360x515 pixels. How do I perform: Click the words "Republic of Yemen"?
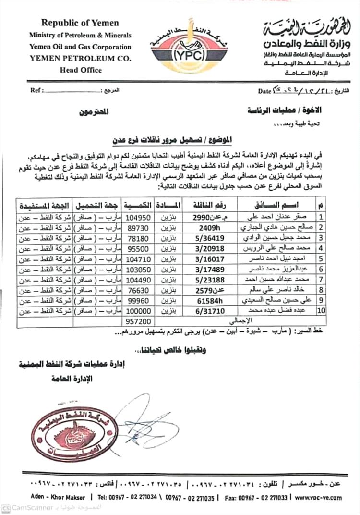(x=80, y=23)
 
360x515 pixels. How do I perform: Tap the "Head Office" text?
(x=81, y=70)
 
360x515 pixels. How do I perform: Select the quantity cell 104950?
(x=138, y=217)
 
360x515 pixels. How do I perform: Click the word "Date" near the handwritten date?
(x=264, y=90)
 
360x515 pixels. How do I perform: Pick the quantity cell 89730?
(x=138, y=226)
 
